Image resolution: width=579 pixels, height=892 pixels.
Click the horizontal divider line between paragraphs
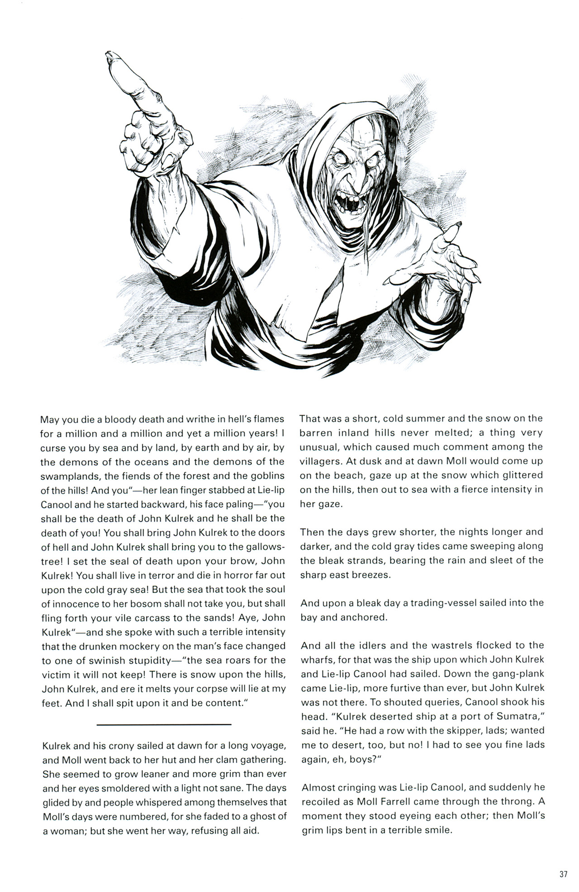164,725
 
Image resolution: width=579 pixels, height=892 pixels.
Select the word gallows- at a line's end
264,547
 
